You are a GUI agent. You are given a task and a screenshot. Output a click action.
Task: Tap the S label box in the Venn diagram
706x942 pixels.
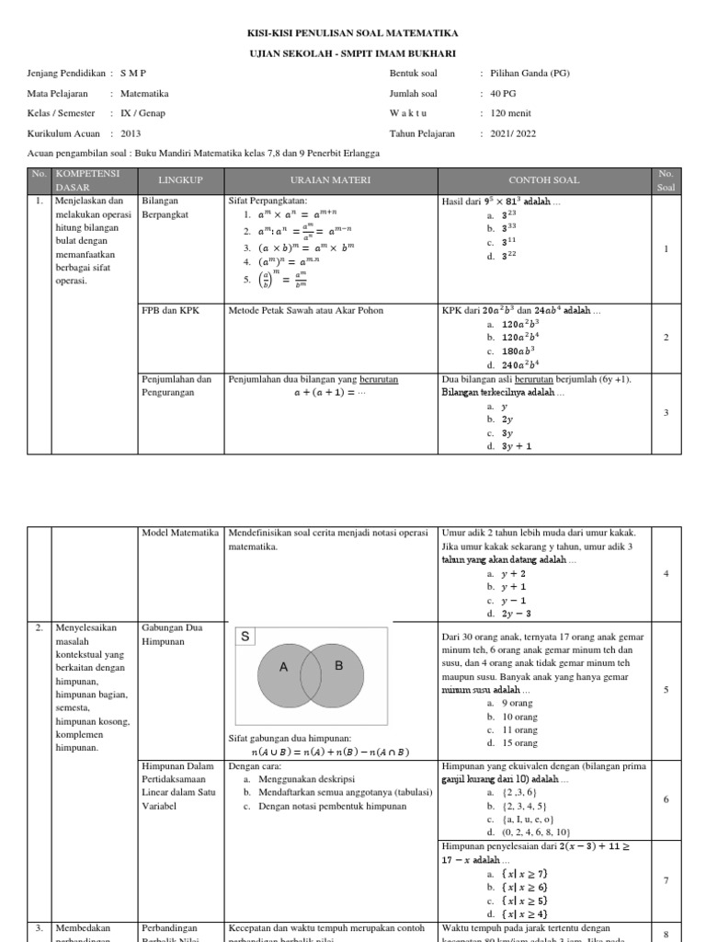[x=245, y=637]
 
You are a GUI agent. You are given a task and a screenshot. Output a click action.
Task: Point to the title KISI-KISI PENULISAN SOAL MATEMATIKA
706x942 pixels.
[x=352, y=33]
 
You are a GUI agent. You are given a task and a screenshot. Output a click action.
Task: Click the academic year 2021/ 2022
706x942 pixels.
[x=514, y=133]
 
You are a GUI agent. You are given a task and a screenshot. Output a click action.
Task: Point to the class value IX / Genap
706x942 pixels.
[x=143, y=113]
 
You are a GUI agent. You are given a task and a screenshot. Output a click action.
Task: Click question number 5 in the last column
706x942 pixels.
[x=666, y=689]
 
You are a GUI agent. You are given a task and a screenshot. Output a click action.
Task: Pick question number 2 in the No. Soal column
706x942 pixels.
[x=666, y=338]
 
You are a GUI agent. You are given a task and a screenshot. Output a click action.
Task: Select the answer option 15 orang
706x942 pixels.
[x=518, y=743]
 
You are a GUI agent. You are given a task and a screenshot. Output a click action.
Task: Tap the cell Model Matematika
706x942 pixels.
[x=179, y=534]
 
